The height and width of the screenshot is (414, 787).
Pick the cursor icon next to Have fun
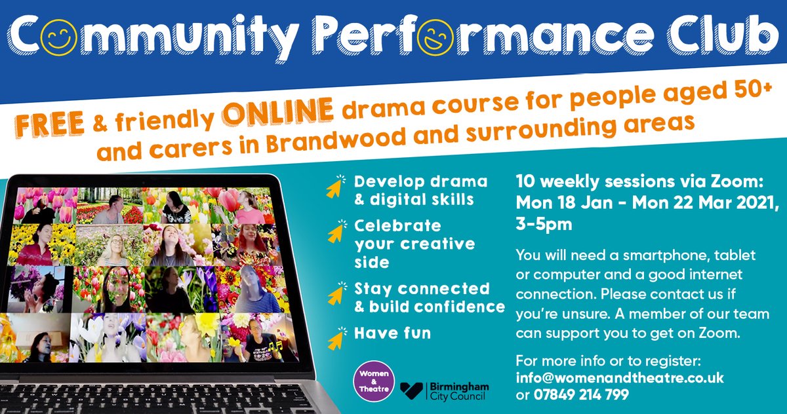[334, 337]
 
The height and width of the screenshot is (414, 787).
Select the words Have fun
[392, 333]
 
